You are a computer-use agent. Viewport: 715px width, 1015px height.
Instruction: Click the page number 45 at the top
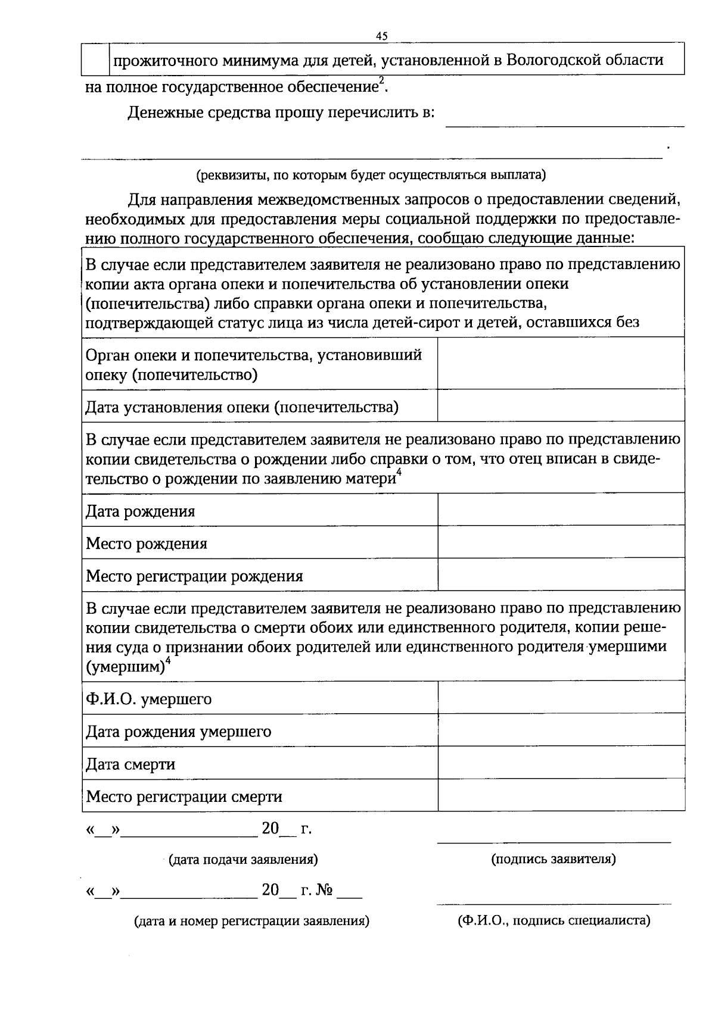382,36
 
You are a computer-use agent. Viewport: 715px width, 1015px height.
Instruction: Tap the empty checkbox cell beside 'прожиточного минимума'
94,59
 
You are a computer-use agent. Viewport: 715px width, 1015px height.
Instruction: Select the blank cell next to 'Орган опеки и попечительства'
561,363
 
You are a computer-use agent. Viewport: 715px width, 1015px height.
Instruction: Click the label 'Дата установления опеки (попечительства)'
242,407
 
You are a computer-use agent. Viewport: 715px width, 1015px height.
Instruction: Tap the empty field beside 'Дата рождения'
561,510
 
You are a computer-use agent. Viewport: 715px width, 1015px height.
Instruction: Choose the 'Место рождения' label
147,544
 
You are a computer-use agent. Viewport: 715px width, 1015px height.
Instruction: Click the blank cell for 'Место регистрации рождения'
561,574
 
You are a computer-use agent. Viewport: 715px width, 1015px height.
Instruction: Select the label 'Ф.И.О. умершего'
149,699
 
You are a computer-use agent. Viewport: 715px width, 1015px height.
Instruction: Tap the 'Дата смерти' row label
130,764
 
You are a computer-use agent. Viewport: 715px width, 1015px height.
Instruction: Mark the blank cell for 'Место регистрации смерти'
561,795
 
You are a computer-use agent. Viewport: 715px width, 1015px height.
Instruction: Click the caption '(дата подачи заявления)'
243,860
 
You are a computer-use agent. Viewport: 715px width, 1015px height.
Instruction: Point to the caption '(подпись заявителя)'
554,859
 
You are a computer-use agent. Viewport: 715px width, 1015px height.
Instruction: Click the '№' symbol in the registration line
325,891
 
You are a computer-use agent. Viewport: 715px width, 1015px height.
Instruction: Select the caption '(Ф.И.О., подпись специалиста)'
554,921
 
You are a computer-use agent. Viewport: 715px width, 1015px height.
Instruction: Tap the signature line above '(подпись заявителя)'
554,842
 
